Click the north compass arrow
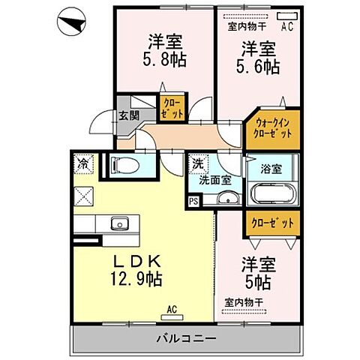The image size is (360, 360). [x=72, y=24]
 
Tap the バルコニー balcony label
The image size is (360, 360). [x=187, y=338]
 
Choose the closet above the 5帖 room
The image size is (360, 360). [x=268, y=223]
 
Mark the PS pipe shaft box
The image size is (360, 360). [x=194, y=201]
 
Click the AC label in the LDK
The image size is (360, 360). [x=171, y=307]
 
